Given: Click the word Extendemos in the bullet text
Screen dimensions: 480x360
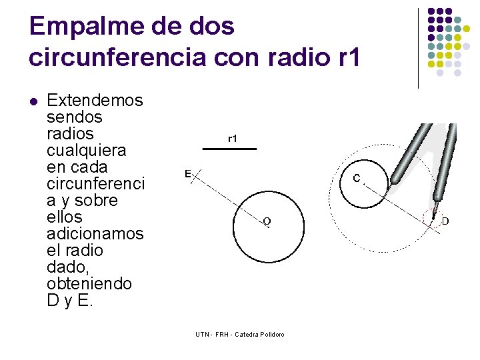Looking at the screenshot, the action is pos(95,101).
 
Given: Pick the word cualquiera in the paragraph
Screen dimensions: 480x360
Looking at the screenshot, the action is pos(86,151).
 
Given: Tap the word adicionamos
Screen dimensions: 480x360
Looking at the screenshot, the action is pos(95,234).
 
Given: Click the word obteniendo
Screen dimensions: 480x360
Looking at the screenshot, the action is pos(89,284).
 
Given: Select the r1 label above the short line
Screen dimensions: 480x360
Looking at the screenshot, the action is pos(233,139).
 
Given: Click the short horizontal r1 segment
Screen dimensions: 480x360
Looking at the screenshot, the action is pos(229,149).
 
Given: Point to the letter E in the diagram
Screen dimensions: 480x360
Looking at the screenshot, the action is pos(188,174).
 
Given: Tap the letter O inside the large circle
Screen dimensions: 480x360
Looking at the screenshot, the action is pos(266,220).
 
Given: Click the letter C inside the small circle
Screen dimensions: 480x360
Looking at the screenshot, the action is pos(357,179).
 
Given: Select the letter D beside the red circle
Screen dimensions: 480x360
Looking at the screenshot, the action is pos(445,220).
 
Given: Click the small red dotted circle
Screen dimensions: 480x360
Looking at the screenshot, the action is pos(433,218).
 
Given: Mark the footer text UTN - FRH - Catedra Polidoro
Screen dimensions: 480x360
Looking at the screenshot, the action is pos(239,333).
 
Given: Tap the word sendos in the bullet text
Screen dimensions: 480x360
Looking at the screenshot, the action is pos(75,117).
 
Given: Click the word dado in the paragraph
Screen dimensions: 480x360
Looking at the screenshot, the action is pos(64,267).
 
